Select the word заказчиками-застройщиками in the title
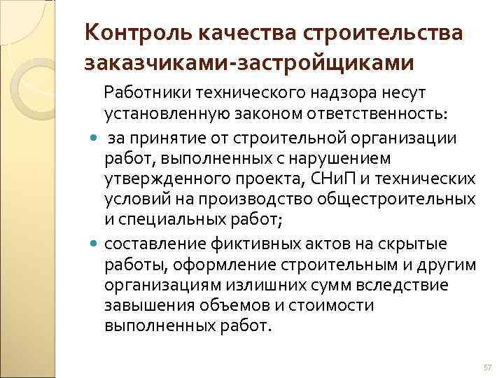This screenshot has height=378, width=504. pyautogui.click(x=249, y=63)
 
